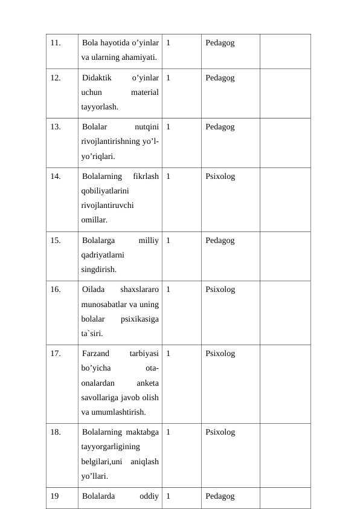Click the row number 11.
[56, 43]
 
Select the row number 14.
[56, 177]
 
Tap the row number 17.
[56, 353]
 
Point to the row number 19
[55, 496]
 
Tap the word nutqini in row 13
[146, 127]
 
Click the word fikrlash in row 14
[146, 177]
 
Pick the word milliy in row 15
[149, 240]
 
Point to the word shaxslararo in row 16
[140, 290]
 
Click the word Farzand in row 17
[95, 353]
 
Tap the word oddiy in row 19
[149, 496]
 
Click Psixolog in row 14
[220, 177]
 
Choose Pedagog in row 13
[220, 127]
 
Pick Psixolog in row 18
[220, 432]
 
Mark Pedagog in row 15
[220, 240]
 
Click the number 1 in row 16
[167, 290]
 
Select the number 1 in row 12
[167, 78]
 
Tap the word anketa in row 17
[148, 383]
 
